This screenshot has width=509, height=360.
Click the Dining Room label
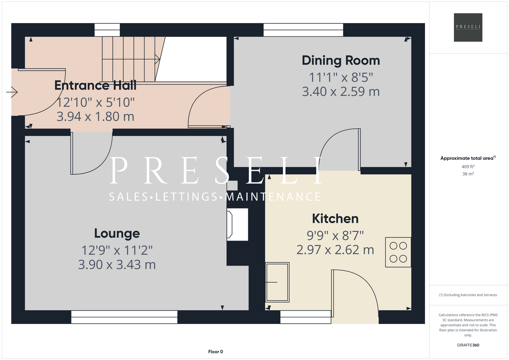pos(341,60)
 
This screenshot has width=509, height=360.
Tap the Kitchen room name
pos(335,219)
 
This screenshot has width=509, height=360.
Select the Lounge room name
pos(117,234)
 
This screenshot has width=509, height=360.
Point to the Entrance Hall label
pos(95,85)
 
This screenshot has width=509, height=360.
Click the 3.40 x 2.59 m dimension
pos(341,91)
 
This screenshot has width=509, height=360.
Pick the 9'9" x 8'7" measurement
pos(335,235)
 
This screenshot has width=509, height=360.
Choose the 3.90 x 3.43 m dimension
pos(117,265)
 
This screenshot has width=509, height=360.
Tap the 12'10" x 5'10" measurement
pos(95,102)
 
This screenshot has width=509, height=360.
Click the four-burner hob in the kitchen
pos(398,252)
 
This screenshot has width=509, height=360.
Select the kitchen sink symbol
pos(277,282)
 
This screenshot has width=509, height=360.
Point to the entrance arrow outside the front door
pos(12,92)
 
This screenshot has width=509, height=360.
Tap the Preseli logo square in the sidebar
pos(468,27)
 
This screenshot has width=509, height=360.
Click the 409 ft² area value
pos(468,166)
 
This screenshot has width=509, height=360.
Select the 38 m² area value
pos(468,174)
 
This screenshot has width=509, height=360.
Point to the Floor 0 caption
pos(215,352)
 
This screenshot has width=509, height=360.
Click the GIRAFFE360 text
pos(468,345)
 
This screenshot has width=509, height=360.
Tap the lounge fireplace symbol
pos(237,224)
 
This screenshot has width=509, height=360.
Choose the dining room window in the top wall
pos(303,30)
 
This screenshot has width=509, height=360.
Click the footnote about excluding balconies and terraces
pos(468,295)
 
